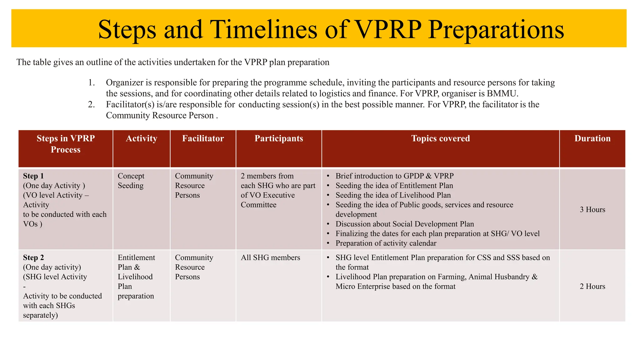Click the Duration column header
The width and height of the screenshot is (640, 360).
pyautogui.click(x=592, y=138)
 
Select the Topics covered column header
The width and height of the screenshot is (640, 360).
pyautogui.click(x=440, y=138)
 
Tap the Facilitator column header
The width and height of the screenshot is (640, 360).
pyautogui.click(x=203, y=138)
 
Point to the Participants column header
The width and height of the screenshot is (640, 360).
pyautogui.click(x=279, y=138)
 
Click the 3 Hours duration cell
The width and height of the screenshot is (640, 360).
pyautogui.click(x=592, y=210)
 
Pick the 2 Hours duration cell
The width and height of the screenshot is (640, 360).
pyautogui.click(x=592, y=287)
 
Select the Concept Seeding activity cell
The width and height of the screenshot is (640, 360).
pyautogui.click(x=131, y=181)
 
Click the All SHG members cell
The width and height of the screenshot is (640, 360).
pyautogui.click(x=270, y=258)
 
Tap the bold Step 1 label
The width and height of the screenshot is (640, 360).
pyautogui.click(x=33, y=176)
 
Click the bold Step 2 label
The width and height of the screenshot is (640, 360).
pyautogui.click(x=33, y=258)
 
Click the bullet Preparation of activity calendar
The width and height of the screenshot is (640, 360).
pyautogui.click(x=386, y=243)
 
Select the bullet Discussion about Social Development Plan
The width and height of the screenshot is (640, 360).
pyautogui.click(x=404, y=224)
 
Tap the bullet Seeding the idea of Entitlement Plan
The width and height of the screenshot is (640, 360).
pyautogui.click(x=394, y=186)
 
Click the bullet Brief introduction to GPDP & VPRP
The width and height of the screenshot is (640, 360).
pyautogui.click(x=394, y=176)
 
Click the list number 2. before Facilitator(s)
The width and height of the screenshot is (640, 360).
pyautogui.click(x=91, y=104)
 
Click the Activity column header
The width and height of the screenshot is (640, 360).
pyautogui.click(x=141, y=138)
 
